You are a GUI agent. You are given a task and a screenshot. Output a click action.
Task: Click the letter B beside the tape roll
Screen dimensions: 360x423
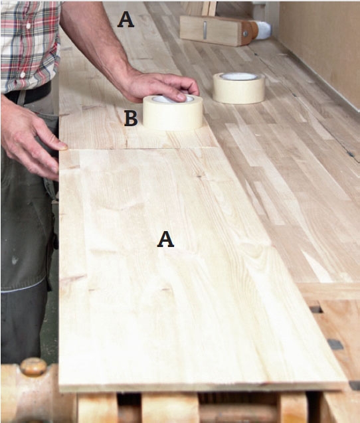click(x=131, y=119)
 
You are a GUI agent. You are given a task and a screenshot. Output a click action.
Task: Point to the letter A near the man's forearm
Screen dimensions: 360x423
click(x=126, y=20)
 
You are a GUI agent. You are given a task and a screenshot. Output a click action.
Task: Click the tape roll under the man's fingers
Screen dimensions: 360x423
click(x=173, y=113)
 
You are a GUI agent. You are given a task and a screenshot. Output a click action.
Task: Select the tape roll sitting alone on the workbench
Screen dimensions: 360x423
click(x=238, y=88)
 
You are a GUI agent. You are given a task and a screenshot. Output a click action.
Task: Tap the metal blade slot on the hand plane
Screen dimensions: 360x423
click(x=205, y=31)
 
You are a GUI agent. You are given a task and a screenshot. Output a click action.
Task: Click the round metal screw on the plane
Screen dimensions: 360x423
click(x=245, y=34)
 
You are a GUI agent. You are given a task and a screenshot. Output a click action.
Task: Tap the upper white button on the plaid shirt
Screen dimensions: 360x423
click(x=28, y=26)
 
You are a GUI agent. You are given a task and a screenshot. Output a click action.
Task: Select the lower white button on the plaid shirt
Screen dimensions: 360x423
click(x=23, y=74)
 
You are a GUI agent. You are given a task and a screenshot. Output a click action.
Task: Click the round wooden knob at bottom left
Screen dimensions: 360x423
click(x=33, y=367)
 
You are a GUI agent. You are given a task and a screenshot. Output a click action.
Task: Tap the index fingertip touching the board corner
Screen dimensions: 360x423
click(x=64, y=147)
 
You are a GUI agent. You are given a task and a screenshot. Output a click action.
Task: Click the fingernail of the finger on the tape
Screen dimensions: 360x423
click(x=181, y=96)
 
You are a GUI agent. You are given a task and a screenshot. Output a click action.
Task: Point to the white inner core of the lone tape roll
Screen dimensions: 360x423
click(x=238, y=76)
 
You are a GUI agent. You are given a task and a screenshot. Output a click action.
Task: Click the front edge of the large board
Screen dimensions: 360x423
click(x=203, y=386)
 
